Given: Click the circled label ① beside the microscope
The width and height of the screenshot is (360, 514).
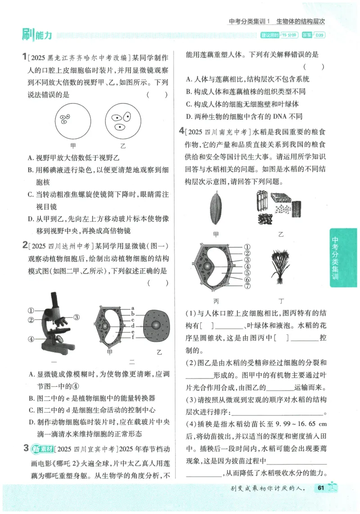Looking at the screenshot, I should pyautogui.click(x=31, y=310).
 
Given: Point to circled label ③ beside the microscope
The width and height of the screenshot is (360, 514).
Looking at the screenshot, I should pyautogui.click(x=76, y=317).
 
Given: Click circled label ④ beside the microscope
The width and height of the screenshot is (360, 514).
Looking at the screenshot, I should pyautogui.click(x=31, y=339).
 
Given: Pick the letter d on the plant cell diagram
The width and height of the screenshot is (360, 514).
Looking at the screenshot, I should pyautogui.click(x=133, y=325).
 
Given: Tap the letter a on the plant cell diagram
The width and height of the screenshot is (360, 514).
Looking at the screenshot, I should pyautogui.click(x=133, y=307).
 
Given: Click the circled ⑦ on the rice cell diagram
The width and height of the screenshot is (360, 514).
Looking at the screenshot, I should pyautogui.click(x=247, y=286).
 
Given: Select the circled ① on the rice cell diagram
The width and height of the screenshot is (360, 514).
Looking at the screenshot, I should pyautogui.click(x=247, y=247).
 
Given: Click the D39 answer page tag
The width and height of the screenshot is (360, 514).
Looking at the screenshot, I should pyautogui.click(x=319, y=35).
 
